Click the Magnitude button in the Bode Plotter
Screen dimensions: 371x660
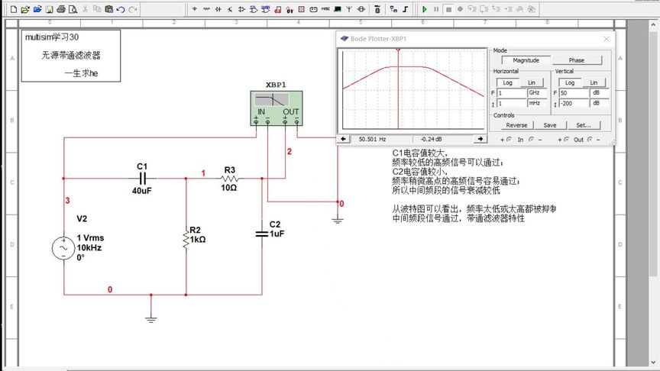tap(526, 60)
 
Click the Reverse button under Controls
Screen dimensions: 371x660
tap(516, 125)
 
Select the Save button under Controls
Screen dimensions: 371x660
tap(550, 125)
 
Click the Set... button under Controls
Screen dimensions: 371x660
tap(583, 125)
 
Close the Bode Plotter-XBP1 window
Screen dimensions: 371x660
tap(607, 38)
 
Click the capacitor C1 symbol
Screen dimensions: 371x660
tap(141, 178)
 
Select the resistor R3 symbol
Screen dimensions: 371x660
tap(230, 178)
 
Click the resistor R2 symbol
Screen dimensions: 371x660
tap(186, 240)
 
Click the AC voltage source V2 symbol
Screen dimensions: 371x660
tap(61, 248)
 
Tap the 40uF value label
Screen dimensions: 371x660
tap(141, 191)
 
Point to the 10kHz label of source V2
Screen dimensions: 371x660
tap(89, 247)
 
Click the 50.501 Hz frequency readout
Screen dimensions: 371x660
tap(372, 139)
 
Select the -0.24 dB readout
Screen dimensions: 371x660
tap(432, 139)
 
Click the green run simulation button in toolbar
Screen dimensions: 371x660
tap(424, 9)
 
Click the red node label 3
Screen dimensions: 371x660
tap(67, 201)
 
